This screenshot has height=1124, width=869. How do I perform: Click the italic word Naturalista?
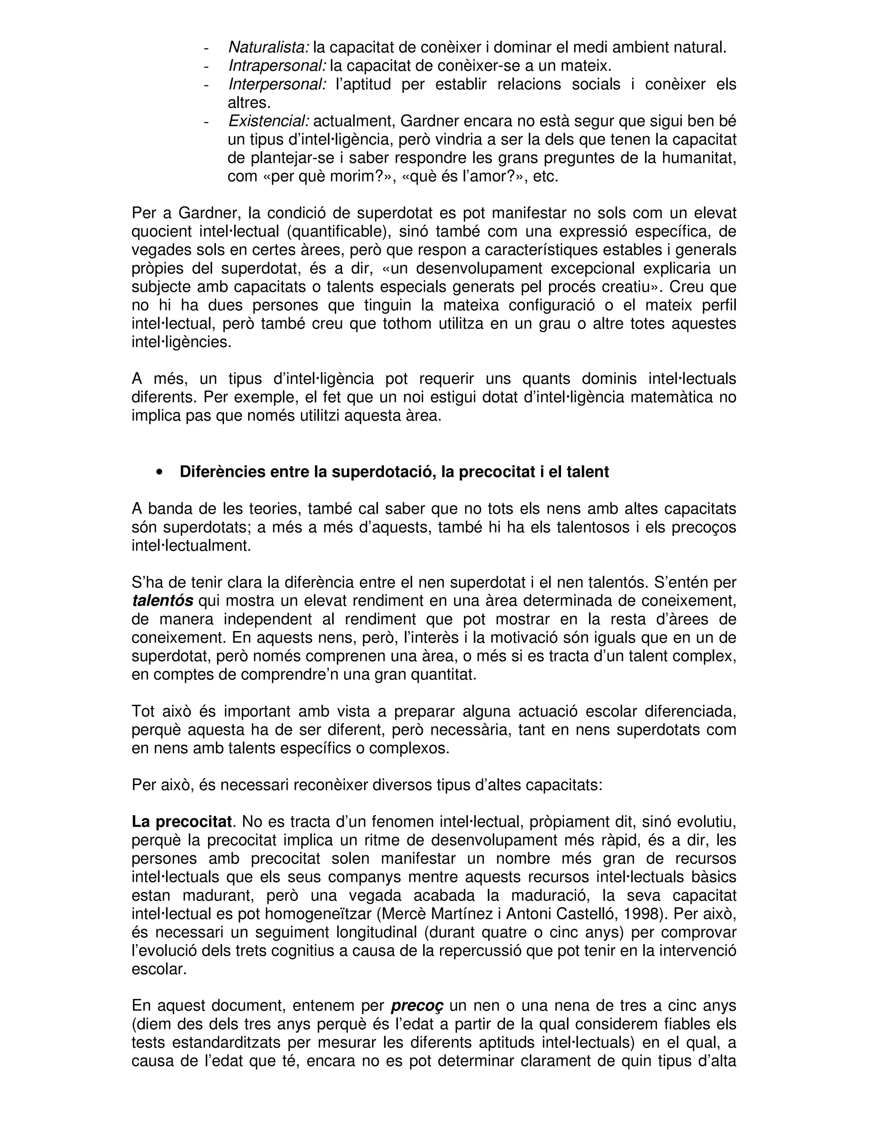[268, 48]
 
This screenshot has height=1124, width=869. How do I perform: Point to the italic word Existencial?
[268, 121]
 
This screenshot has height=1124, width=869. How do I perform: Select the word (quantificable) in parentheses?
[338, 232]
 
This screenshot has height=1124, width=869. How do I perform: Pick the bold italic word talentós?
[162, 601]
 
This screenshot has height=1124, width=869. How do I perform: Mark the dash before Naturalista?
[207, 48]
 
